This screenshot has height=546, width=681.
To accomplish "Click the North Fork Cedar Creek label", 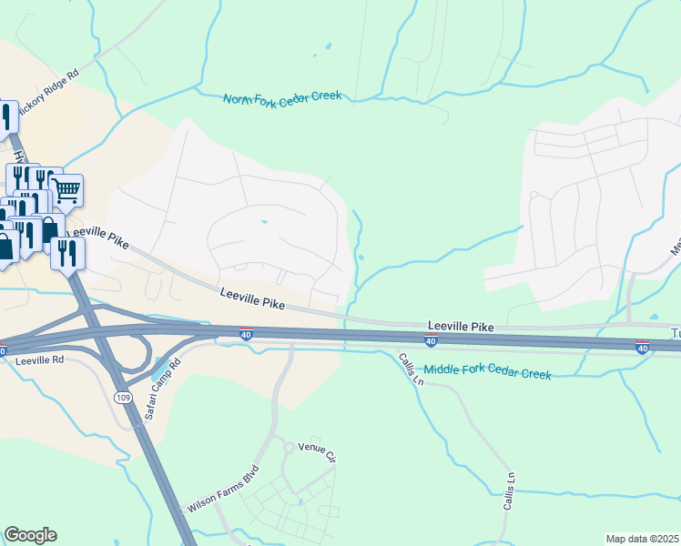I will point(282,97).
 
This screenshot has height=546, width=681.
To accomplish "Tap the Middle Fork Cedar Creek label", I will point(488,372).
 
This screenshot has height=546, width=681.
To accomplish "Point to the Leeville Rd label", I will point(39,360).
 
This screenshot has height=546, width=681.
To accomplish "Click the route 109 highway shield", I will point(123,398).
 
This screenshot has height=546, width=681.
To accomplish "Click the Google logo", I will point(30,535).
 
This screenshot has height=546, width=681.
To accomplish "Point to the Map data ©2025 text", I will point(642,539).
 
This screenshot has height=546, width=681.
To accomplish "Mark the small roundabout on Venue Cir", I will point(289,448).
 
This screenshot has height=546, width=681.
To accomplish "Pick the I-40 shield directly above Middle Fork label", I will point(431,342).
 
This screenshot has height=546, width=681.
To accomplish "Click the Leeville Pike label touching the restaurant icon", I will point(101,239).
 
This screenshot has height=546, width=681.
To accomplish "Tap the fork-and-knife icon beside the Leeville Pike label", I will point(66,251).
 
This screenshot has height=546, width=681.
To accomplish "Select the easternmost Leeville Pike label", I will point(462,325).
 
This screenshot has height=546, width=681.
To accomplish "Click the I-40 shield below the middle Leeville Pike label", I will point(246,334).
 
